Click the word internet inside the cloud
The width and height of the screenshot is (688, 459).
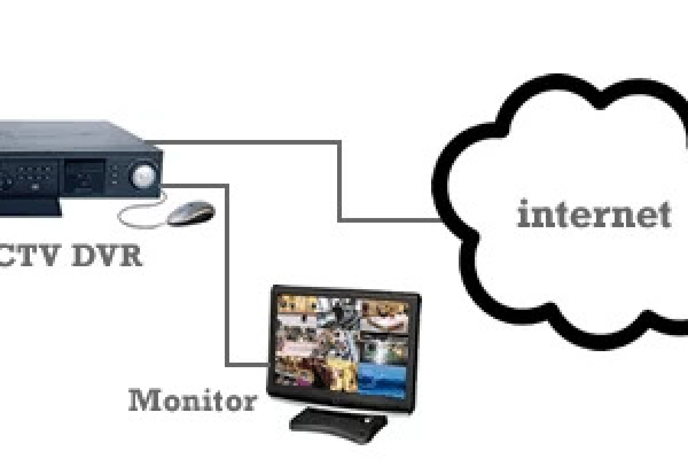pyautogui.click(x=593, y=215)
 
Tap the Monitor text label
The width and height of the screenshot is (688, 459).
pyautogui.click(x=192, y=400)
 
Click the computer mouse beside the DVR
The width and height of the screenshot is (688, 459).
pyautogui.click(x=191, y=213)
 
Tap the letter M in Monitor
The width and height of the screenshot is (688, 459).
pyautogui.click(x=142, y=400)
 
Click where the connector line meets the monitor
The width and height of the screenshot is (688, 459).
pyautogui.click(x=268, y=364)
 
